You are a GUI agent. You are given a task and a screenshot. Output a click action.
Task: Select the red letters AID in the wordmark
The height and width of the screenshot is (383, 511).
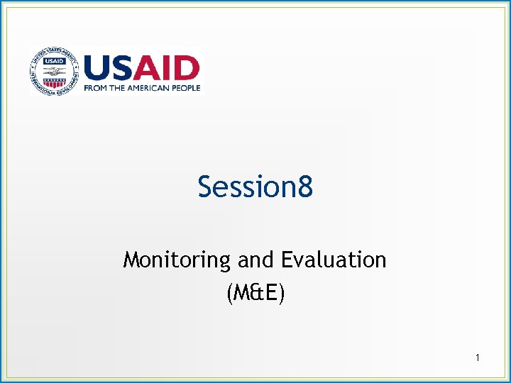click(167, 69)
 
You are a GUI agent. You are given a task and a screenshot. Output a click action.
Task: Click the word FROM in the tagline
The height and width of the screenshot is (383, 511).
click(96, 88)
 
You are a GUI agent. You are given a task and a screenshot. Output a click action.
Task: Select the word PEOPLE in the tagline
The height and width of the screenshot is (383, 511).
click(187, 88)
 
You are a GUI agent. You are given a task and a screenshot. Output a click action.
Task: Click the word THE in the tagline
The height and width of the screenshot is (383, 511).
click(119, 88)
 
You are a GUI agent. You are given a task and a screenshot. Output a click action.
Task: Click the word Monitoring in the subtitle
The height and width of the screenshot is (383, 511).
click(177, 260)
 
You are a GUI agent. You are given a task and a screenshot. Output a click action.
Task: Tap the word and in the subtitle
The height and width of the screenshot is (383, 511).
click(256, 260)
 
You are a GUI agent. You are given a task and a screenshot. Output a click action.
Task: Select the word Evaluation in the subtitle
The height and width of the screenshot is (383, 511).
click(334, 260)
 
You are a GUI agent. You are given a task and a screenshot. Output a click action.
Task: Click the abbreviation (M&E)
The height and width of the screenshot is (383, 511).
click(255, 292)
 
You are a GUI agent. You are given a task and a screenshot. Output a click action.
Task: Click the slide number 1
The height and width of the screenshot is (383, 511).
click(478, 358)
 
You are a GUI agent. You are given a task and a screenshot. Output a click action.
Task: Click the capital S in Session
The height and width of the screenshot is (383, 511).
click(206, 188)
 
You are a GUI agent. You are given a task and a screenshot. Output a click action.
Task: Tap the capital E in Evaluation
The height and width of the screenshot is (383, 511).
click(286, 260)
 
